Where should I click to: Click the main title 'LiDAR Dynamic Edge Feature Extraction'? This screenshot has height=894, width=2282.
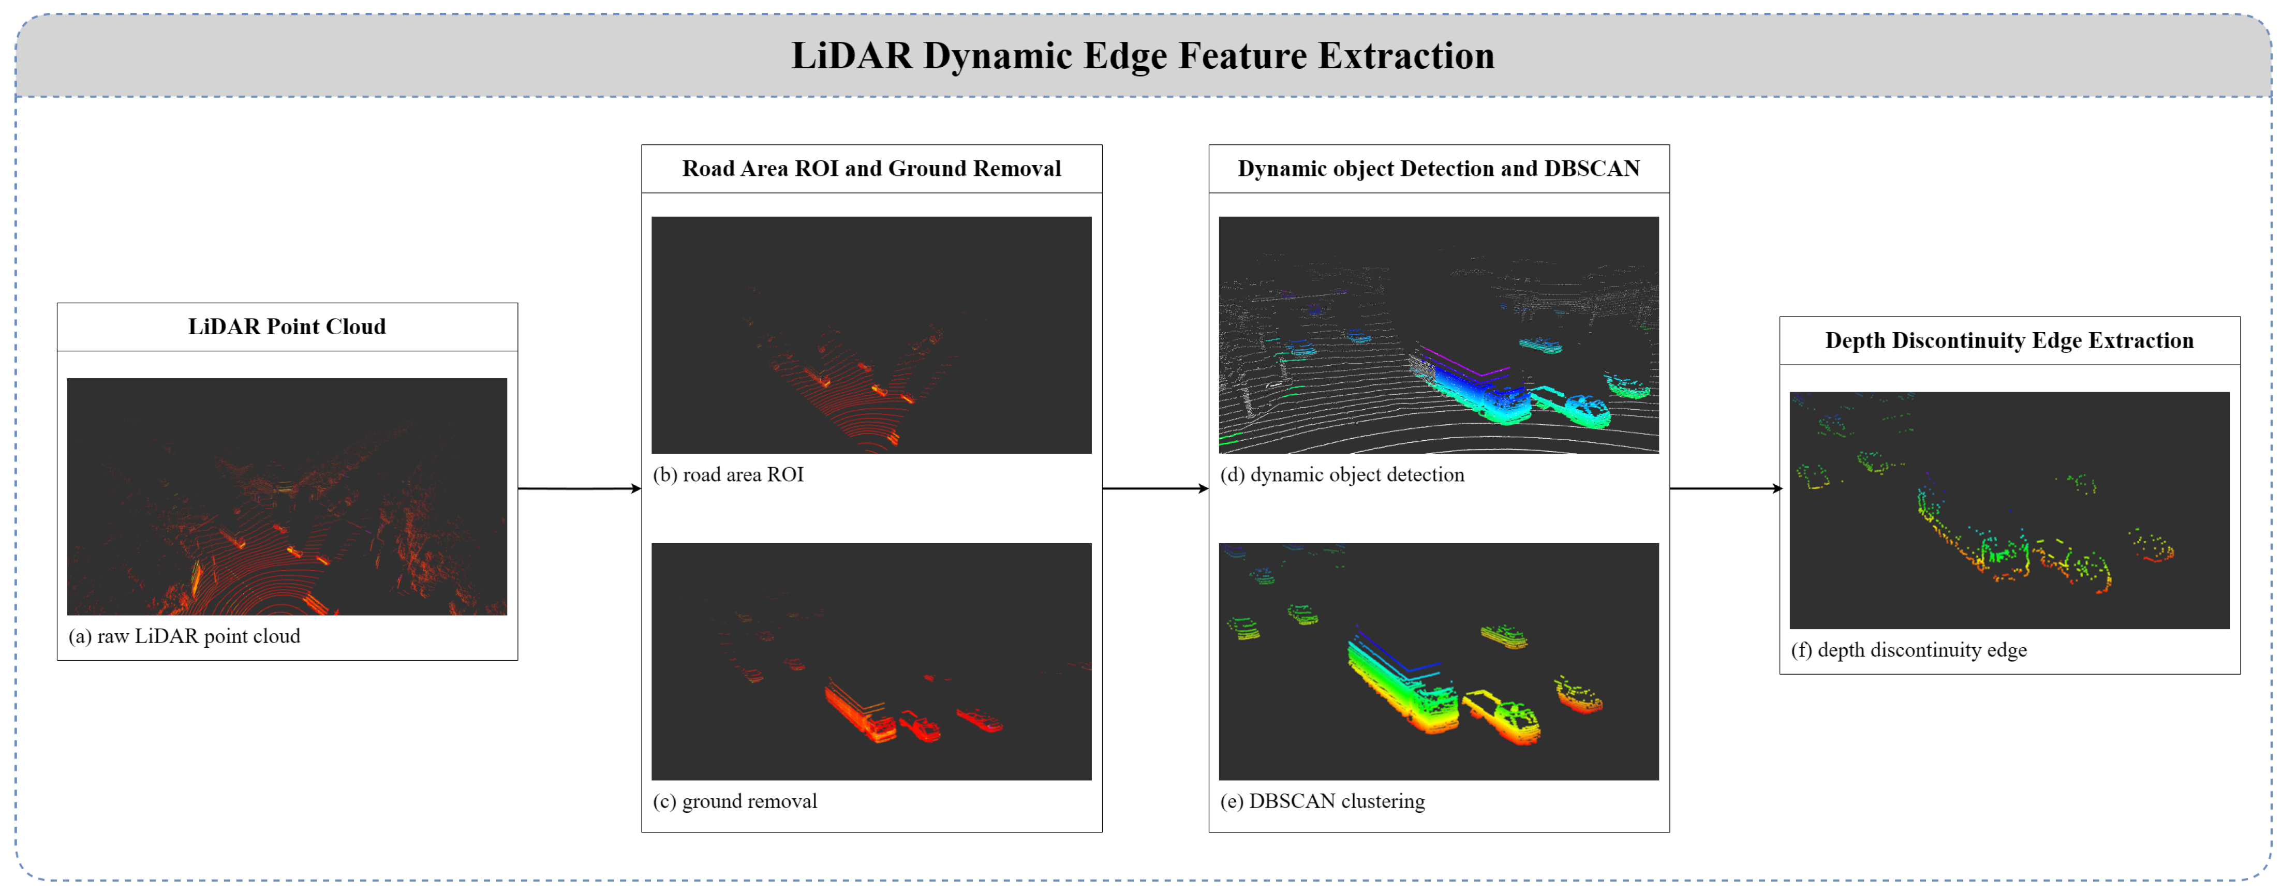coord(1142,56)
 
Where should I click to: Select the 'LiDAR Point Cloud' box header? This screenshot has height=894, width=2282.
coord(287,327)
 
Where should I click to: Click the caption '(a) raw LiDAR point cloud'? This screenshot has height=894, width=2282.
coord(184,636)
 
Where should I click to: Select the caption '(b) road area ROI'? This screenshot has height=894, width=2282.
coord(728,475)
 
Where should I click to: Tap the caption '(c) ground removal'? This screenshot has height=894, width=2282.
coord(734,801)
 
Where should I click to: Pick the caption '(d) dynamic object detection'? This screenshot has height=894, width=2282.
coord(1342,475)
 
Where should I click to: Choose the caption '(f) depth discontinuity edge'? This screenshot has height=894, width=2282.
coord(1908,650)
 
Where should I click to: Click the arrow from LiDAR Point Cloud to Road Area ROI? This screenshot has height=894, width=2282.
coord(580,488)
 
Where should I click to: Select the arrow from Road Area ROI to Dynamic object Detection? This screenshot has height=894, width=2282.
coord(1155,488)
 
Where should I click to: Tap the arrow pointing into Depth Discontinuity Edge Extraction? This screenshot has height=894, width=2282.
coord(1724,488)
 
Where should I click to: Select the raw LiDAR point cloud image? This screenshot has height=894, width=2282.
coord(287,496)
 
